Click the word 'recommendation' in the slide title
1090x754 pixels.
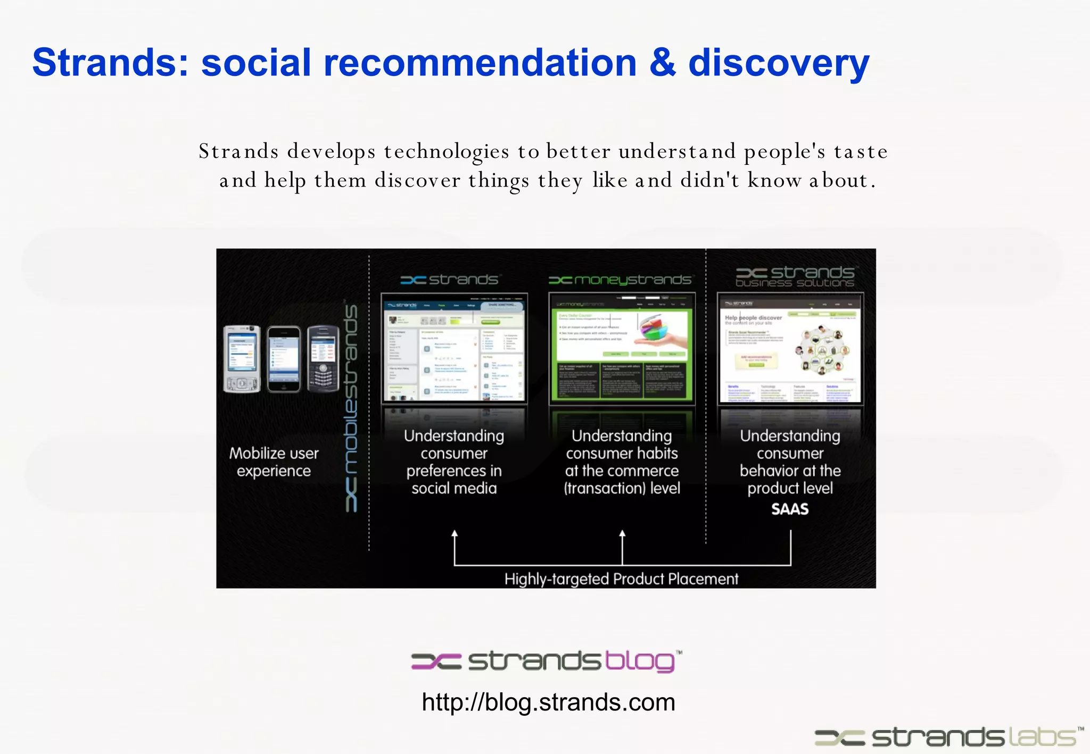click(x=480, y=63)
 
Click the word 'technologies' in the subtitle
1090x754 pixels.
click(x=447, y=152)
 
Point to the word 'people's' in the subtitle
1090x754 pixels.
click(x=785, y=152)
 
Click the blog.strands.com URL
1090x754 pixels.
click(x=548, y=702)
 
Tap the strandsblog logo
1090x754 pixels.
click(x=546, y=661)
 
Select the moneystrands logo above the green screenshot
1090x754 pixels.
click(x=621, y=280)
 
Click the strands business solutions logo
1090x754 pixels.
click(x=795, y=277)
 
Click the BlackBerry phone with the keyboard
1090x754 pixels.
click(x=323, y=359)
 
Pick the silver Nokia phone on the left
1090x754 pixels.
click(x=242, y=359)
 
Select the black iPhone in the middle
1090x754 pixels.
click(x=283, y=360)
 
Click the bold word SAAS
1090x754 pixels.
click(x=790, y=509)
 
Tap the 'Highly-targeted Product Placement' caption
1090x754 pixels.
click(x=621, y=579)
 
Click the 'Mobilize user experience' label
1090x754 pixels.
click(x=274, y=462)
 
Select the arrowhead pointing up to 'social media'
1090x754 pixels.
click(x=455, y=534)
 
